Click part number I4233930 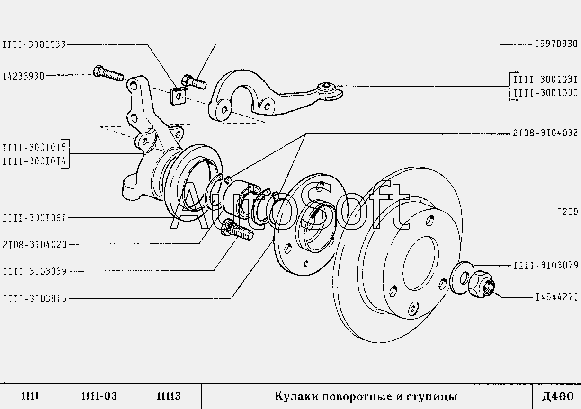(23, 76)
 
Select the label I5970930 (556, 44)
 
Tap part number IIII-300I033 (34, 44)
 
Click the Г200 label (567, 213)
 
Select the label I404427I (556, 298)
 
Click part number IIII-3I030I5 (34, 298)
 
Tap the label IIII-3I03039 (34, 271)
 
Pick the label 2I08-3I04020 (34, 244)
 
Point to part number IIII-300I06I (34, 218)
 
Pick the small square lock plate (177, 95)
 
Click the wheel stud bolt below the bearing (236, 231)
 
